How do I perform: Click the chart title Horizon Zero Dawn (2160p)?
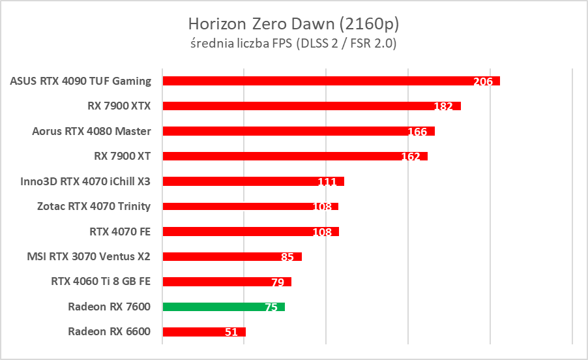coord(293,24)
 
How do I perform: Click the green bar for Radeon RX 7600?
coord(224,307)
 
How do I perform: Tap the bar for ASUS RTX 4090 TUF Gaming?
coord(331,81)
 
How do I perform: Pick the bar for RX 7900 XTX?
coord(312,106)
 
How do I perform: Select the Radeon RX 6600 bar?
coord(204,332)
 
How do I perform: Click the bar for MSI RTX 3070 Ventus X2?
coord(232,256)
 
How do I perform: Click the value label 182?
coord(443,106)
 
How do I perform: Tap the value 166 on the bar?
coord(417,132)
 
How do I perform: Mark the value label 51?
coord(231,332)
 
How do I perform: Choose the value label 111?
coord(327,182)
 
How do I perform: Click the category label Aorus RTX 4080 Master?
coord(91,131)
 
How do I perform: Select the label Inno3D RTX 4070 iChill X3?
coord(85,181)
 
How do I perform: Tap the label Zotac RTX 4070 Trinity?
coord(94,206)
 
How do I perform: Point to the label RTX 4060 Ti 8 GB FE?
coord(100,282)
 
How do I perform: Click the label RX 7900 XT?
coord(122,156)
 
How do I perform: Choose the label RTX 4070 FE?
coord(119,231)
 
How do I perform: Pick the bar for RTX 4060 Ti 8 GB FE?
coord(227,282)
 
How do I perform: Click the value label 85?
coord(287,257)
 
